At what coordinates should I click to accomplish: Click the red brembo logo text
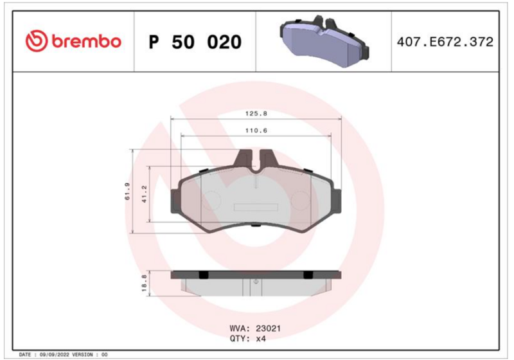87,42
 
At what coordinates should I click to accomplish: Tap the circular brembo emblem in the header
37,41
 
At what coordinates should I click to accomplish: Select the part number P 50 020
195,42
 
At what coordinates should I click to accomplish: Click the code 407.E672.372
445,42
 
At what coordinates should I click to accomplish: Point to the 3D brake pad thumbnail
324,41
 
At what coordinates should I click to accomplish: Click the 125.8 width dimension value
256,113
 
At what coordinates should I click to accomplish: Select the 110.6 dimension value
256,130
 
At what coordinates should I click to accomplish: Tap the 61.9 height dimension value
127,191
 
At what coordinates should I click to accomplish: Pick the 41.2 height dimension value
144,194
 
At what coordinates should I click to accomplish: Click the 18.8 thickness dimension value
144,283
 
